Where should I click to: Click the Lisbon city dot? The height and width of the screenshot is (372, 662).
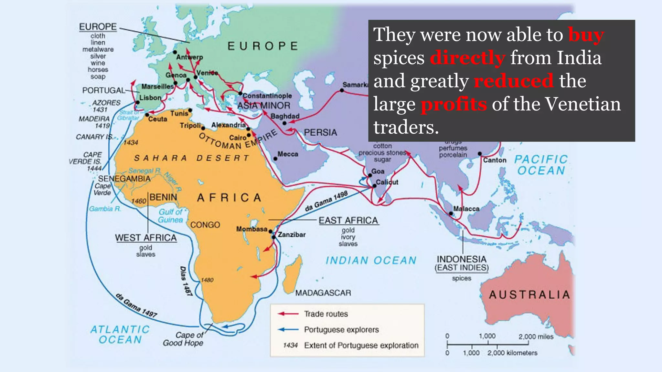click(x=137, y=102)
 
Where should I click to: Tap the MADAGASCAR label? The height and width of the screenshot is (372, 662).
click(x=323, y=293)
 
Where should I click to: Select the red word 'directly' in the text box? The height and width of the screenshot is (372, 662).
click(x=467, y=58)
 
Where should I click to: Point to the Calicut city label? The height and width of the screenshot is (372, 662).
click(x=387, y=182)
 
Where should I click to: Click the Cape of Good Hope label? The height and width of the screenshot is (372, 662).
click(x=183, y=339)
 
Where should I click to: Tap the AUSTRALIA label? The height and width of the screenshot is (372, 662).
click(x=529, y=294)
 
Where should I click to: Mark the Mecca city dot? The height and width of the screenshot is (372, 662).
click(x=275, y=159)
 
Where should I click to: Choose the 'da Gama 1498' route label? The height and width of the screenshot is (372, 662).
click(x=326, y=201)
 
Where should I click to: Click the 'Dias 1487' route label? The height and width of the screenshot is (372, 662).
click(x=186, y=281)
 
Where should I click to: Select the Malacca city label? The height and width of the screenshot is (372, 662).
click(x=466, y=209)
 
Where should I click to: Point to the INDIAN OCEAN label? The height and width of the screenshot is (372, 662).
click(x=371, y=260)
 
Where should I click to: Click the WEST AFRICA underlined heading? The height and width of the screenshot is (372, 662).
click(x=146, y=238)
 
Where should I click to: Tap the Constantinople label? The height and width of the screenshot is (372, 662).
click(x=267, y=96)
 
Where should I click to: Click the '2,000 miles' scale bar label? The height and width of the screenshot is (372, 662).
click(x=536, y=336)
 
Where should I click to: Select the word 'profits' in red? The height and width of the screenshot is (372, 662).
click(x=454, y=104)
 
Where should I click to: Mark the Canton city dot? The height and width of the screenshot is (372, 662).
click(x=480, y=154)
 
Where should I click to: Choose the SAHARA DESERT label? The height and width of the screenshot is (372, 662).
click(x=192, y=158)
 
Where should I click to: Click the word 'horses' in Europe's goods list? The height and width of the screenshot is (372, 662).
click(x=98, y=70)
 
